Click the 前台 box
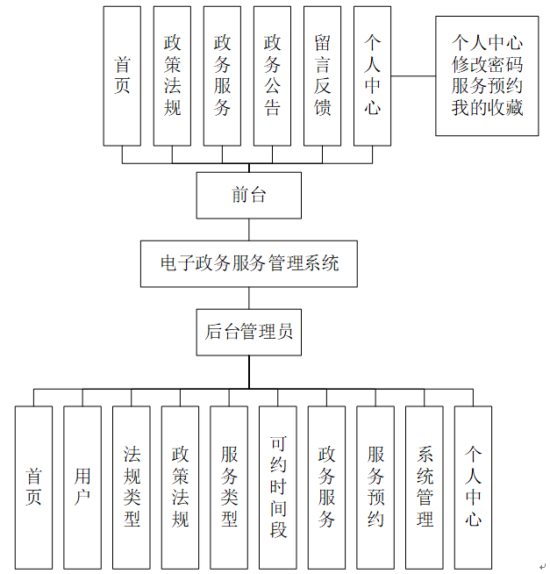click(x=249, y=195)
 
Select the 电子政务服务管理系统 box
click(x=249, y=263)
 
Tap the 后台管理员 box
click(x=249, y=332)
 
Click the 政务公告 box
click(x=272, y=75)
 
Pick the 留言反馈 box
click(x=322, y=75)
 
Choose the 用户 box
click(x=82, y=487)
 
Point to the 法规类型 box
click(x=132, y=487)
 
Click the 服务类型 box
click(x=229, y=487)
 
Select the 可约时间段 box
click(x=278, y=487)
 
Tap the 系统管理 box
click(x=425, y=487)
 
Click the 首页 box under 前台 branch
click(x=122, y=75)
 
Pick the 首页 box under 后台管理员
click(x=33, y=487)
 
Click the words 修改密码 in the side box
click(x=488, y=63)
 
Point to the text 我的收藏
click(x=488, y=107)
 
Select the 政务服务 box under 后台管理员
click(x=327, y=487)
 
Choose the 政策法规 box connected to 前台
click(x=172, y=75)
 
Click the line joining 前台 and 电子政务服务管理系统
click(x=249, y=229)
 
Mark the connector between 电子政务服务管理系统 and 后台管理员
click(x=249, y=298)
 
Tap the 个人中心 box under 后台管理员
click(x=474, y=487)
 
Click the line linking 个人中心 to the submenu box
click(x=413, y=75)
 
